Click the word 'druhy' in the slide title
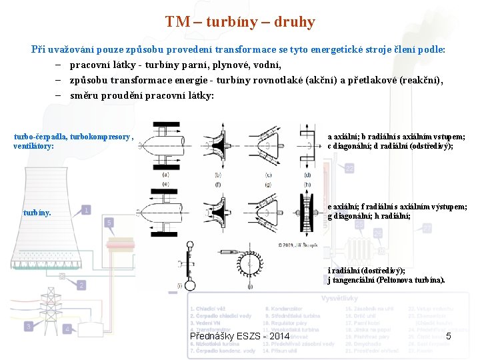pos(294,22)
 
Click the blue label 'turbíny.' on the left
pos(37,214)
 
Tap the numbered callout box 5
pos(109,222)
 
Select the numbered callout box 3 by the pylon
pos(29,326)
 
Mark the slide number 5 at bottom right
pos(449,336)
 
